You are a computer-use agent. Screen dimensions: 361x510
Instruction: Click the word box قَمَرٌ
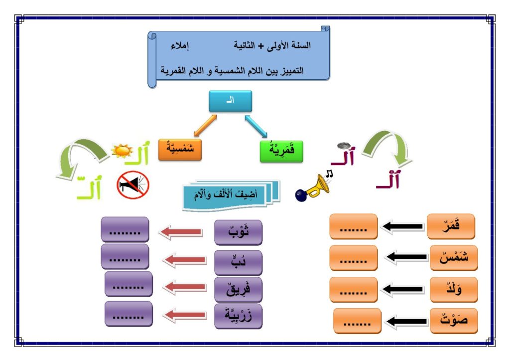(x=451, y=226)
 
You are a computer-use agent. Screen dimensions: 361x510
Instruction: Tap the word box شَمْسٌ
(x=451, y=258)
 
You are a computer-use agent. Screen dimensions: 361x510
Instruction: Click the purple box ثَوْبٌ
(x=238, y=232)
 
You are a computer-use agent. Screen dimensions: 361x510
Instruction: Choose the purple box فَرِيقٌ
(x=238, y=289)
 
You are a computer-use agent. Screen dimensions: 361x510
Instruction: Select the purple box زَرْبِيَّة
(x=238, y=316)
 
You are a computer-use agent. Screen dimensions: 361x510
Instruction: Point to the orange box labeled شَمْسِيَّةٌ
(x=180, y=150)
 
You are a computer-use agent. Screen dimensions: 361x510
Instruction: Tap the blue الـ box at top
(x=230, y=101)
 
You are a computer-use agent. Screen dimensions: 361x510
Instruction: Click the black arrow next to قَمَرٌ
(x=403, y=227)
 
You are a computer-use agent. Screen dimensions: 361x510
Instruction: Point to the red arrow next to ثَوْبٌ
(x=181, y=232)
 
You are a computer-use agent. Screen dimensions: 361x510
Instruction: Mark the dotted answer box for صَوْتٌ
(x=357, y=321)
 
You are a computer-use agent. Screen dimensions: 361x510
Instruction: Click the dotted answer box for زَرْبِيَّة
(x=128, y=314)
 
